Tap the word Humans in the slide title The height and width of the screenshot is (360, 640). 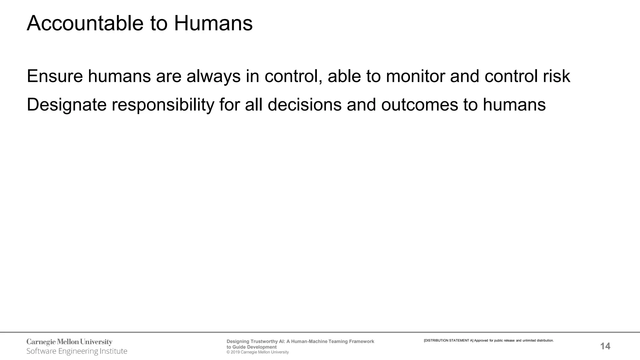point(213,23)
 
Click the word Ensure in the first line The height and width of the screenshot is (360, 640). point(55,76)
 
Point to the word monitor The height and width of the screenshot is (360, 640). point(415,76)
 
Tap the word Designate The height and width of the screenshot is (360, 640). point(67,105)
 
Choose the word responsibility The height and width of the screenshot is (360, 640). point(163,105)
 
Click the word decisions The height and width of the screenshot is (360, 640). point(304,104)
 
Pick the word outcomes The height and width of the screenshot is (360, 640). point(419,104)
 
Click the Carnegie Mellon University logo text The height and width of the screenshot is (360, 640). point(69,342)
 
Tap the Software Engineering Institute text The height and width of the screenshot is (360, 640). point(77,351)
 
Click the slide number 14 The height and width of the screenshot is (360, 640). point(605,346)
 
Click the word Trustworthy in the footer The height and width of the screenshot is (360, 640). point(264,342)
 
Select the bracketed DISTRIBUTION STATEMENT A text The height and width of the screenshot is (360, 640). point(448,341)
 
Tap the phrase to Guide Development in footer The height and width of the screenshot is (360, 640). point(252,347)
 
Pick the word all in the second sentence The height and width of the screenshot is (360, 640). point(253,104)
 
